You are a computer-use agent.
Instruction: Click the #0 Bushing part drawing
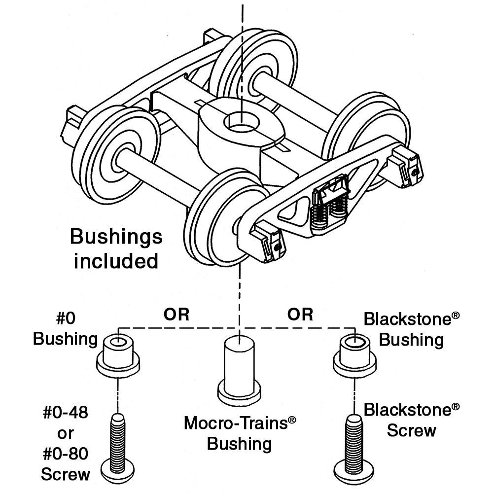pos(118,356)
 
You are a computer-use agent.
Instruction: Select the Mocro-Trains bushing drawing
pos(239,371)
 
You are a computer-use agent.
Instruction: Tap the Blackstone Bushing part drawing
pos(354,356)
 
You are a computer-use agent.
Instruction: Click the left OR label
pos(176,315)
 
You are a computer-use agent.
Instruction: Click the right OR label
pos(300,315)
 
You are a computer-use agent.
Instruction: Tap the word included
pos(116,261)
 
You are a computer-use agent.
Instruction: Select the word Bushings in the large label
pos(116,238)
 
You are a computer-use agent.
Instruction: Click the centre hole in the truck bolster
pos(242,123)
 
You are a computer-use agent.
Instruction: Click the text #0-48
pos(66,413)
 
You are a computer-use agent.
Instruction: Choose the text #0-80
pos(66,454)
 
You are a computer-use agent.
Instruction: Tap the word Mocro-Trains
pos(236,423)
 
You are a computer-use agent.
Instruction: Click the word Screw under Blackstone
pos(411,430)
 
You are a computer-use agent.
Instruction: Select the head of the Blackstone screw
pos(353,473)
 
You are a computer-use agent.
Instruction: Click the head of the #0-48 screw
pos(118,473)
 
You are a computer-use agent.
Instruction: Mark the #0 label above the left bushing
pos(66,318)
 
